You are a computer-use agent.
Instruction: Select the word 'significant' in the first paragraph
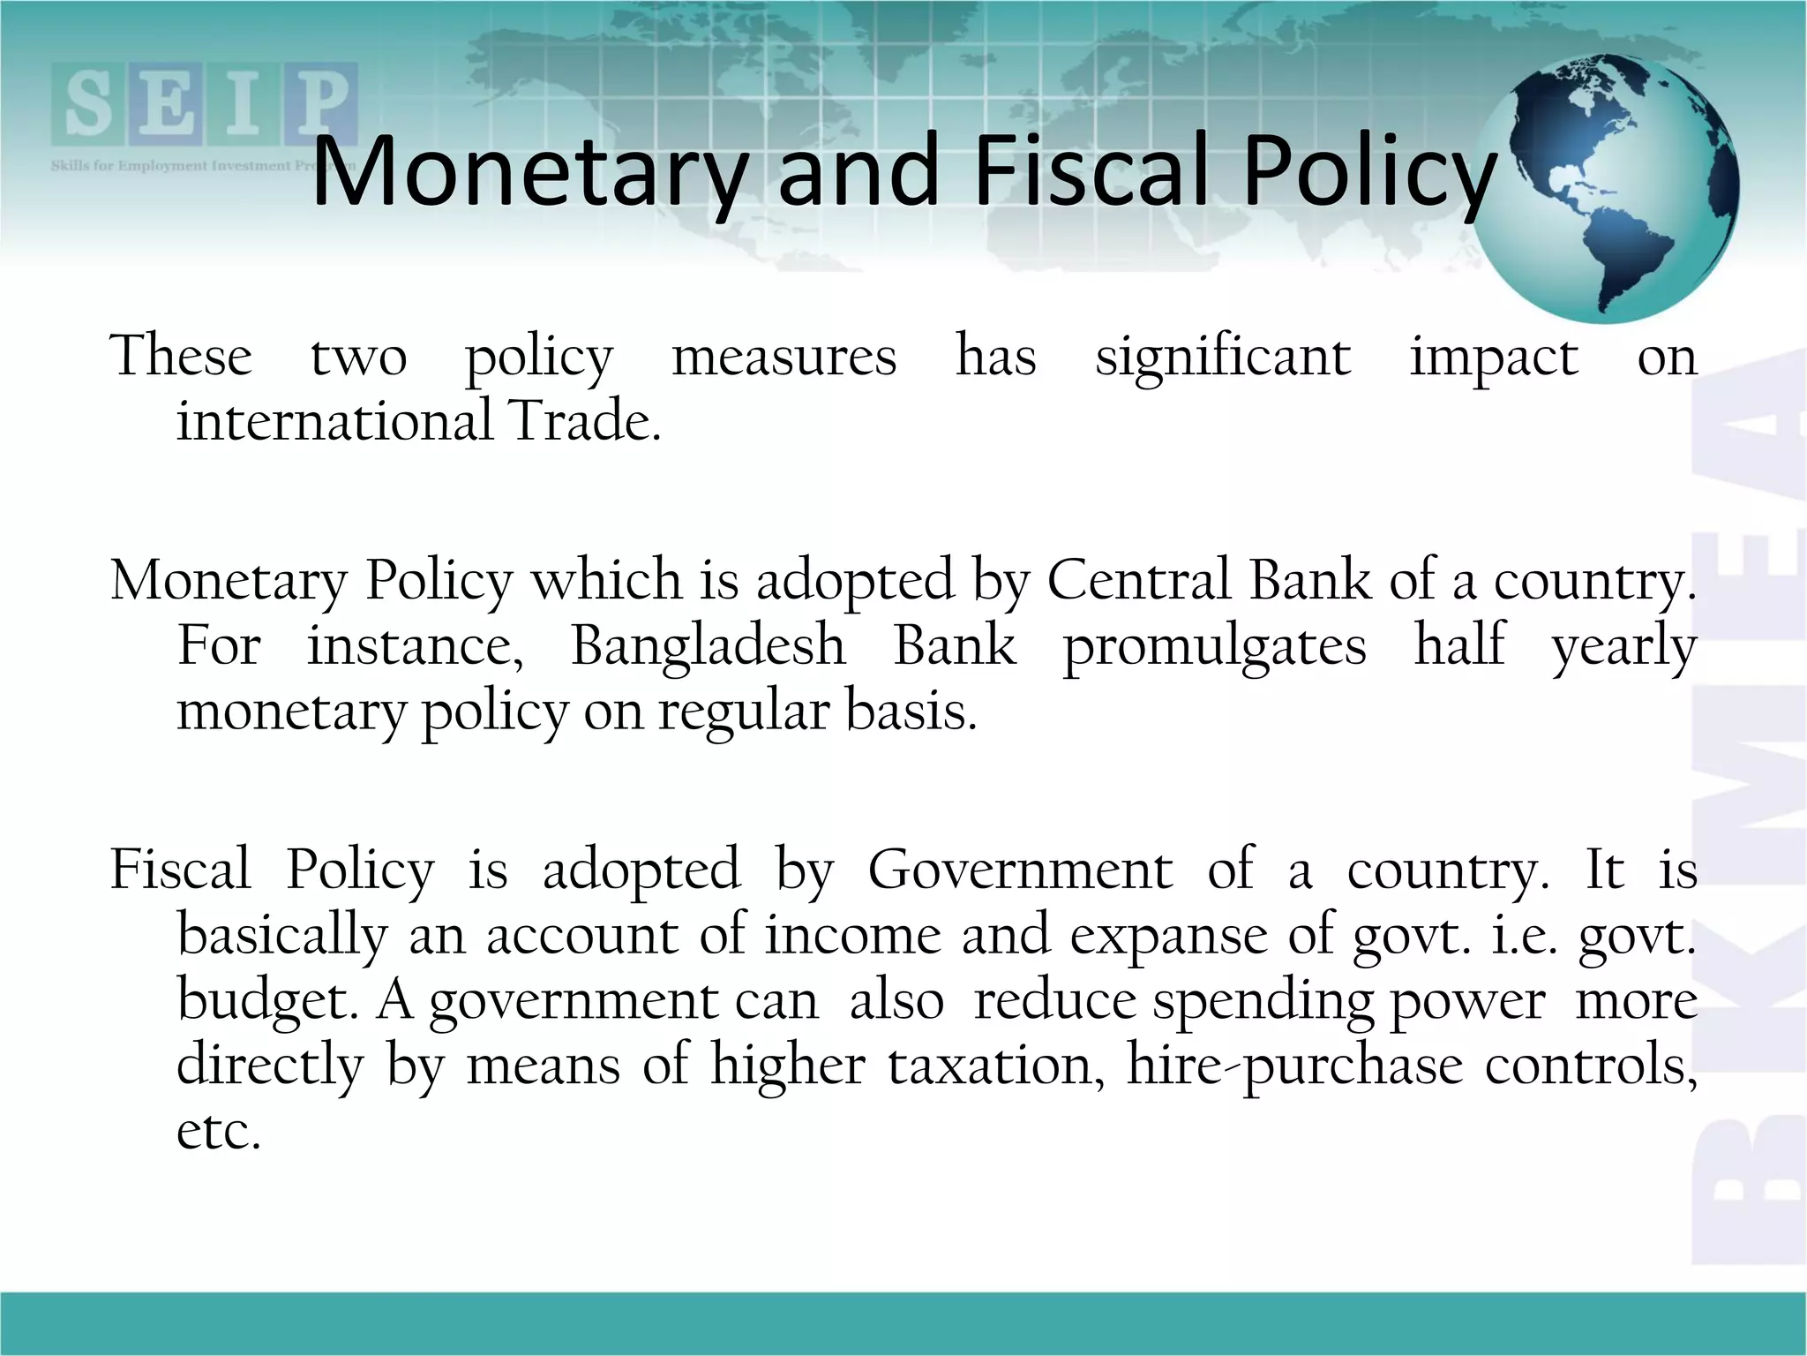click(1223, 358)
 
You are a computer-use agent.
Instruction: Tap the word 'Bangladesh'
click(709, 645)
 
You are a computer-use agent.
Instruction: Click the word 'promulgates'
click(1214, 647)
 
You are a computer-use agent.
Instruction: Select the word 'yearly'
click(1623, 647)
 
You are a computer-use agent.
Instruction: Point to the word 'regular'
click(743, 712)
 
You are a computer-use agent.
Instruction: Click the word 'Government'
click(1020, 870)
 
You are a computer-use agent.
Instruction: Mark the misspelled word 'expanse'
click(1169, 937)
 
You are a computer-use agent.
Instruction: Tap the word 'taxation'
click(996, 1066)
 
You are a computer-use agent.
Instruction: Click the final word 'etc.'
click(219, 1131)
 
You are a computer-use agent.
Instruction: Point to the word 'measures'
click(784, 358)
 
